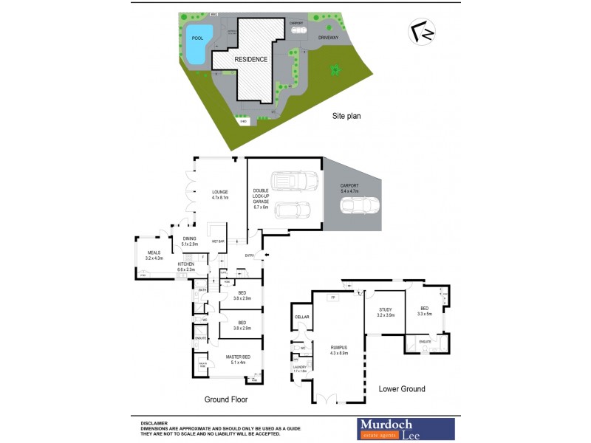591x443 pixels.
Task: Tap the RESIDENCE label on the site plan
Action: click(250, 59)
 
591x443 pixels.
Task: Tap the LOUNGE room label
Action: click(219, 195)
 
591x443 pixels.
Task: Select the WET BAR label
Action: click(218, 241)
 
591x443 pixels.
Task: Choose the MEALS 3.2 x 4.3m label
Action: click(153, 255)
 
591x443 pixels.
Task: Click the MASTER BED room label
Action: click(238, 360)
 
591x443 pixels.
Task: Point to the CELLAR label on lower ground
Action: click(301, 317)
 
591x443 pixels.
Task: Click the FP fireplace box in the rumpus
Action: click(333, 298)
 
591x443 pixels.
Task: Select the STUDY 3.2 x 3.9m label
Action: click(386, 312)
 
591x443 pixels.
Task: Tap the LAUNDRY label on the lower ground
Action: click(300, 368)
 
